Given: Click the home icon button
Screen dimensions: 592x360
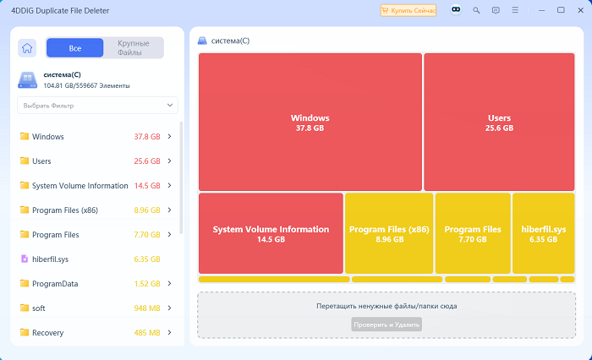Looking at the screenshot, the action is click(x=27, y=48).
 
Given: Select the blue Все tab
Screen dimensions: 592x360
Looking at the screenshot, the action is click(x=74, y=48).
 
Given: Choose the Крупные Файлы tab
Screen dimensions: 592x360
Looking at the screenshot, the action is click(x=134, y=48).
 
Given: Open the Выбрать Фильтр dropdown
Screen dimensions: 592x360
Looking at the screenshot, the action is click(x=97, y=106).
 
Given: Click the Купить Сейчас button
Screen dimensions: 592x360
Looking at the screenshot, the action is click(x=408, y=11).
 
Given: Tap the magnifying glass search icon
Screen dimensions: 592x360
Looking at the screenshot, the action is click(x=476, y=11).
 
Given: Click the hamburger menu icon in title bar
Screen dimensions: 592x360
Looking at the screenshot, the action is click(x=515, y=10).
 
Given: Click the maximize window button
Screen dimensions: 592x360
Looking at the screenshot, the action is click(x=561, y=10).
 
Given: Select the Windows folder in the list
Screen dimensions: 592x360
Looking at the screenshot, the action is click(x=48, y=137).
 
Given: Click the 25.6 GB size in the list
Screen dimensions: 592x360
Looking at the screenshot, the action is click(x=147, y=161).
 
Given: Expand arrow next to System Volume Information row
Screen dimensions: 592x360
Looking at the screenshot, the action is click(x=169, y=185).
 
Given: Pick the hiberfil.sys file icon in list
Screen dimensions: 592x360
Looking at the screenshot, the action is click(x=25, y=259).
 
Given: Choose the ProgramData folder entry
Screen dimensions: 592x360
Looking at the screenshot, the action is click(x=55, y=284).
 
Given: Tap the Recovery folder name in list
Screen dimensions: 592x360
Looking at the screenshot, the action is click(x=47, y=333).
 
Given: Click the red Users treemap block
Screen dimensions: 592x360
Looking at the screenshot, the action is click(x=499, y=122).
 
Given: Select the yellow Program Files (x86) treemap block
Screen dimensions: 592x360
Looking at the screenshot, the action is click(x=389, y=233).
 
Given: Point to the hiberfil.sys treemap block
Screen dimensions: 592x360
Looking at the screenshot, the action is click(x=543, y=233).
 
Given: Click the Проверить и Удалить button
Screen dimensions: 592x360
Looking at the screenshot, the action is click(x=386, y=325).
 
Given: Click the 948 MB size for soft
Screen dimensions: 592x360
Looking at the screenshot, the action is click(x=147, y=308).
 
